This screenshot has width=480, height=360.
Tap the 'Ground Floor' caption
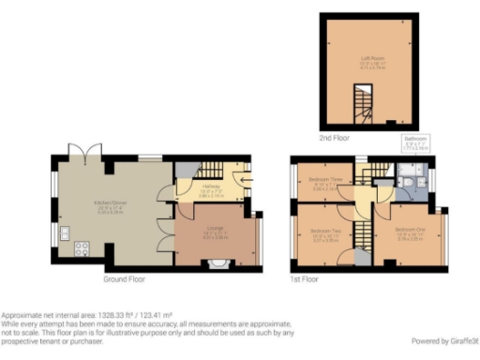click(x=124, y=279)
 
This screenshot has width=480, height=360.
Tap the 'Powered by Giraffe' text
click(x=445, y=341)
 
